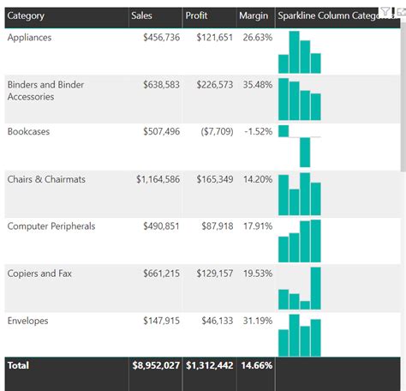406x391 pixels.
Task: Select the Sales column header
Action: coord(143,15)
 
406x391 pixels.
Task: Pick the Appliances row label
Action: coord(29,38)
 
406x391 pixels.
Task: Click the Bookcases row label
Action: coord(28,132)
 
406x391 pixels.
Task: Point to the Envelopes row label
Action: coord(28,321)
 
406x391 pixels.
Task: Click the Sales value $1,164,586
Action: coord(158,179)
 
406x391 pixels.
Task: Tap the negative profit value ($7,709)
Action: coord(210,132)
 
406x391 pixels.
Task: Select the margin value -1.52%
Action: coord(257,132)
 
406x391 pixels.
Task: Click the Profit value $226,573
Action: coord(209,85)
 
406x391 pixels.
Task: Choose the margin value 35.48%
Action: coord(257,85)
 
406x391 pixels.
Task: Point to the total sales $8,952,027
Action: coord(156,365)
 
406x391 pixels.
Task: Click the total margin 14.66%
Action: coord(257,365)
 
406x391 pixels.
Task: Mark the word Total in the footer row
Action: coord(18,365)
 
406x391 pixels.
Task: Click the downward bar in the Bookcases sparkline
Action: coord(305,152)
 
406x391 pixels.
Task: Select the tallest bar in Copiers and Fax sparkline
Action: coord(315,287)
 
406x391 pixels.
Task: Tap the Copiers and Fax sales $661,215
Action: coord(161,274)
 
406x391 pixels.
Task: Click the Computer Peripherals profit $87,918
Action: coord(212,226)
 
